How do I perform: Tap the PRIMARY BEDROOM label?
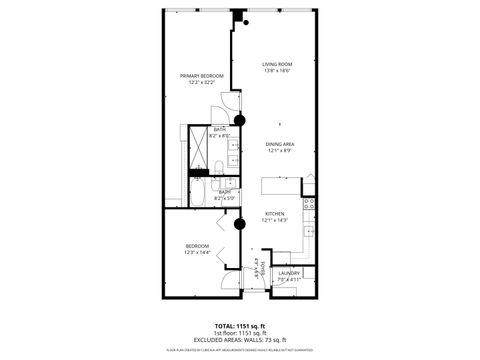(x=201, y=76)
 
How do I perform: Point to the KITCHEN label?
(x=274, y=213)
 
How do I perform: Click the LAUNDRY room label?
(x=289, y=273)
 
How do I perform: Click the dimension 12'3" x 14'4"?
(x=196, y=253)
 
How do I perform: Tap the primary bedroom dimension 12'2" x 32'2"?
(x=201, y=83)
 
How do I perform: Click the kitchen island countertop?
(x=281, y=187)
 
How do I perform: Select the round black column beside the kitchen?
(x=239, y=225)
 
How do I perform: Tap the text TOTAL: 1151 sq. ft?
(x=240, y=327)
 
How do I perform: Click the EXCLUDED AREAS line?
(x=240, y=341)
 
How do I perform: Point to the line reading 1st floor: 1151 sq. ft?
(x=240, y=334)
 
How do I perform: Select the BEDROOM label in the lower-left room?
(x=196, y=246)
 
